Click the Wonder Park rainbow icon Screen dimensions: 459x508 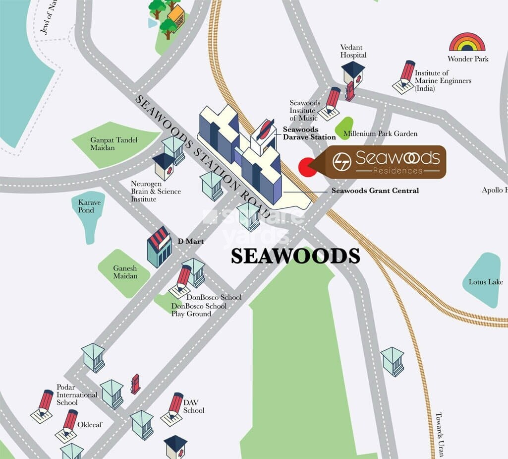pyautogui.click(x=467, y=42)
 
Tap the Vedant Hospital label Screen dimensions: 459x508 pyautogui.click(x=353, y=51)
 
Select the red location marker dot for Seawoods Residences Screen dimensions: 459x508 pyautogui.click(x=308, y=166)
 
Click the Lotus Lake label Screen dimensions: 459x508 pyautogui.click(x=486, y=282)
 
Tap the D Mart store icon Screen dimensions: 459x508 pyautogui.click(x=159, y=246)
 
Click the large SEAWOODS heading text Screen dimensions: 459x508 pyautogui.click(x=295, y=256)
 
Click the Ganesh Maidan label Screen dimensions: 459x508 pyautogui.click(x=125, y=271)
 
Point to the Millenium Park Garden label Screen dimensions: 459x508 pyautogui.click(x=388, y=133)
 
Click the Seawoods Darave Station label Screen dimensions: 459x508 pyautogui.click(x=309, y=133)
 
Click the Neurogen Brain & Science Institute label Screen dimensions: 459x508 pyautogui.click(x=156, y=191)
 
